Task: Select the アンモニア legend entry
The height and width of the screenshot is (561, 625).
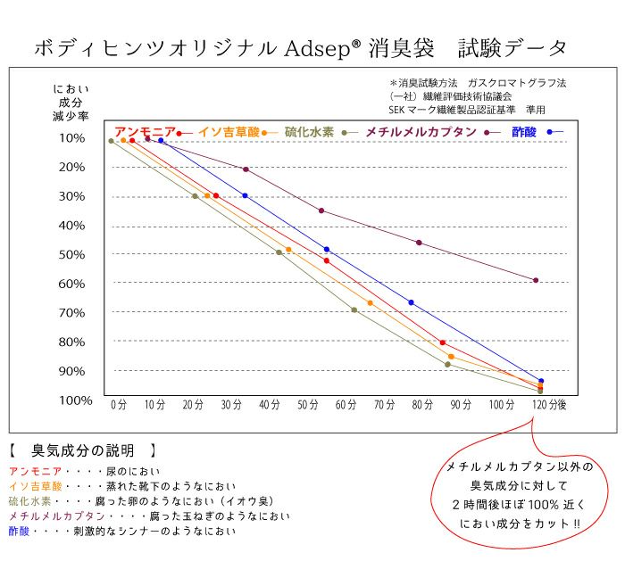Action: point(145,131)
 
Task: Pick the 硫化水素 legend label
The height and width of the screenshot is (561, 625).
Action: point(309,132)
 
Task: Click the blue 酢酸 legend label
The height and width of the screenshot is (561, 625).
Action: point(524,131)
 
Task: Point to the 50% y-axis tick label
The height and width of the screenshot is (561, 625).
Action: point(71,254)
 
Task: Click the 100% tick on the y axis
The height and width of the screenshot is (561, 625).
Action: point(75,400)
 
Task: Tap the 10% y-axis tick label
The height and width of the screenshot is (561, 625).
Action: point(71,138)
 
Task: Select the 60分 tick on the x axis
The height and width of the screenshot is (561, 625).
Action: point(346,405)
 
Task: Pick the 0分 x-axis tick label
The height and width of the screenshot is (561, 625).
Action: point(119,405)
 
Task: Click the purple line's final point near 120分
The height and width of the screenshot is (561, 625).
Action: point(536,280)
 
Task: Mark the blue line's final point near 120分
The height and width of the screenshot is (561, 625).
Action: point(540,381)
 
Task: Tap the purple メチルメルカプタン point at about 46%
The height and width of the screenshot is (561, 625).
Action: point(419,243)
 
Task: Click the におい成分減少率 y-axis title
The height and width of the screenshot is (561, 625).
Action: point(71,103)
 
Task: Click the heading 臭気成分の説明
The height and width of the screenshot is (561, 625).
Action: point(82,450)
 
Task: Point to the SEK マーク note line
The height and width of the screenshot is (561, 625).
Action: point(466,110)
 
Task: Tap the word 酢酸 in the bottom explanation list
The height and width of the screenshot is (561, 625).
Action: point(20,531)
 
